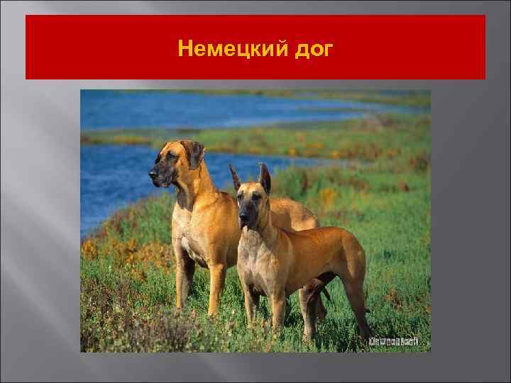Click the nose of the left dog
click(152, 173)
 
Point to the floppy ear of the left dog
click(192, 152)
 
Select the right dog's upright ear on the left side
click(235, 177)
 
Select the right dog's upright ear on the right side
click(265, 177)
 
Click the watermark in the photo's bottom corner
click(393, 341)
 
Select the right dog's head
click(251, 202)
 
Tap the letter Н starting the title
click(185, 49)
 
